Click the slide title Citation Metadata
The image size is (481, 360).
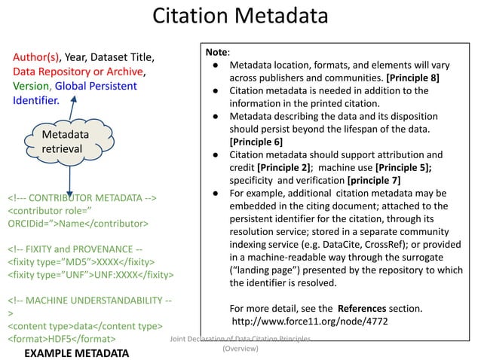coord(240,17)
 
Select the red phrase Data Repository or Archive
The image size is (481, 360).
coord(78,72)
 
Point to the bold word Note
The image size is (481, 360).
coord(216,52)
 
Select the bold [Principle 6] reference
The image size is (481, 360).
coord(256,142)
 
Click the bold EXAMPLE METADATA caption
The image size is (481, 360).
coord(76,352)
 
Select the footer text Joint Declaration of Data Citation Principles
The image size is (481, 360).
coord(240,340)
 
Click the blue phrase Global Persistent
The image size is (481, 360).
coord(96,86)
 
